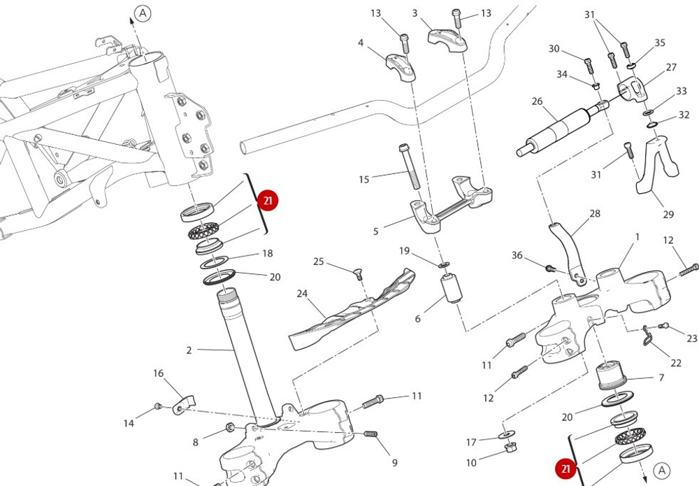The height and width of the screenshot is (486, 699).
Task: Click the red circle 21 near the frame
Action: point(267,201)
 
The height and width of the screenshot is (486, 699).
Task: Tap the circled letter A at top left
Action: point(143,13)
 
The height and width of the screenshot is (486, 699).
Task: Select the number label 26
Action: point(537,101)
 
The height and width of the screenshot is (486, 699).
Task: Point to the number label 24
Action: point(302,294)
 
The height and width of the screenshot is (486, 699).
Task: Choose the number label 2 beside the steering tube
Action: point(189,350)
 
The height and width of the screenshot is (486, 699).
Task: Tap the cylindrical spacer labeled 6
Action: point(452,289)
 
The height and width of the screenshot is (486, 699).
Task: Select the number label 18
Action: point(267,254)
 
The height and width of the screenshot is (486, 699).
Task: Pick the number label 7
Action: point(661,378)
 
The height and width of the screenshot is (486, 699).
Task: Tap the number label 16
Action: point(159,373)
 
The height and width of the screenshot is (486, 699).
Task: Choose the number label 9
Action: point(394,462)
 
